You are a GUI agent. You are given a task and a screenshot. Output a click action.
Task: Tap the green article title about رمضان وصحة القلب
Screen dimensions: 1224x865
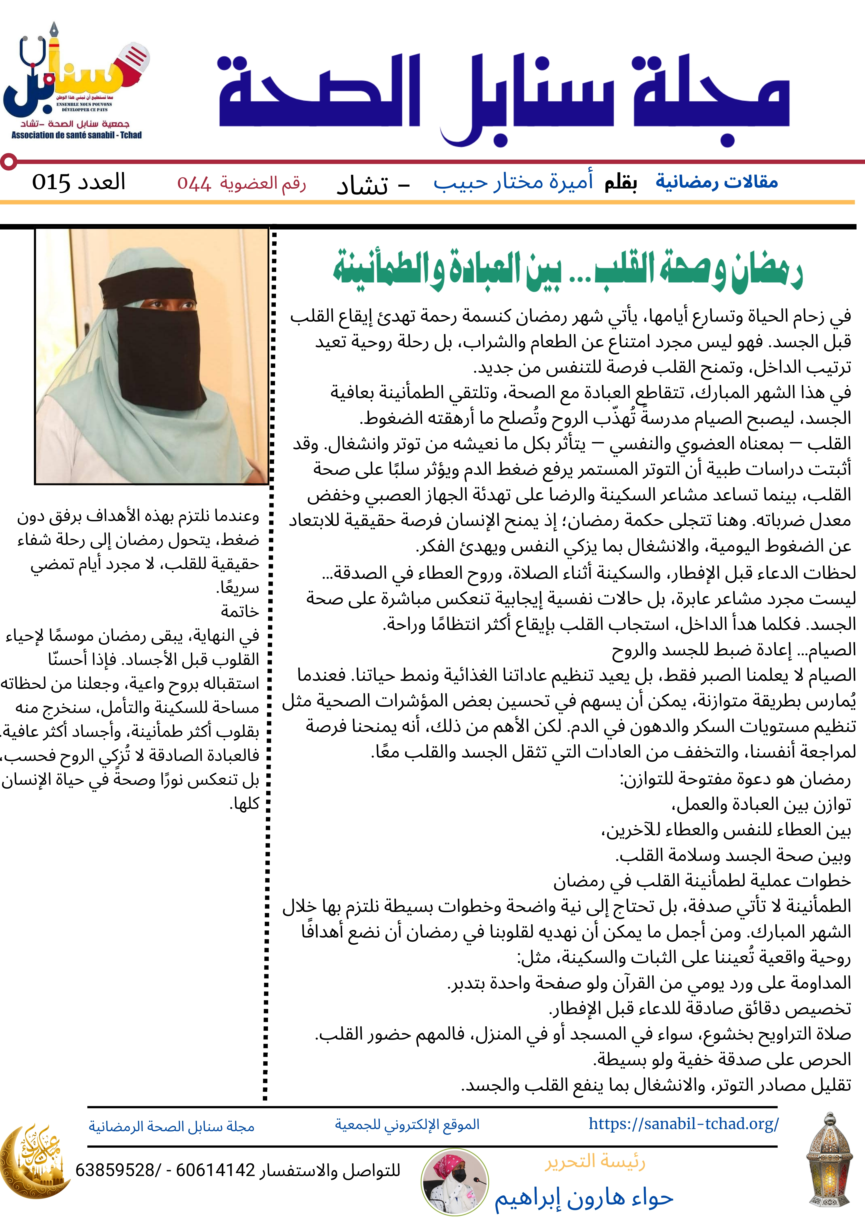pyautogui.click(x=568, y=270)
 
